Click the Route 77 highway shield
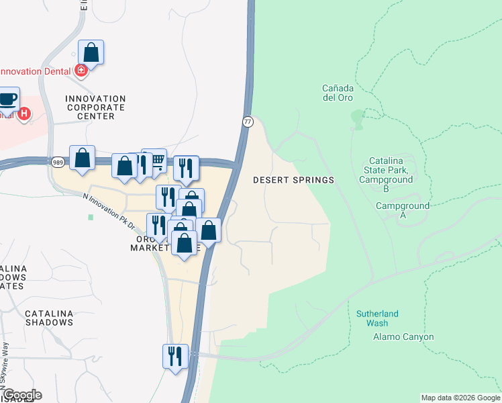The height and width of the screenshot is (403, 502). pyautogui.click(x=248, y=122)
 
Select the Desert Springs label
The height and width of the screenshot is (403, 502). pyautogui.click(x=293, y=180)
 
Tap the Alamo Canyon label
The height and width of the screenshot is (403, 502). pyautogui.click(x=403, y=337)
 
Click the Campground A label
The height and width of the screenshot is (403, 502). pyautogui.click(x=402, y=210)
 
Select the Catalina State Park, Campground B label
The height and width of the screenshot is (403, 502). pyautogui.click(x=386, y=175)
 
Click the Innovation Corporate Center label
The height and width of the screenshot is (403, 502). pyautogui.click(x=95, y=107)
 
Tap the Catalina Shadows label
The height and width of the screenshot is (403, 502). pyautogui.click(x=49, y=318)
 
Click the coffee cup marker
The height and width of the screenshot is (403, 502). pyautogui.click(x=8, y=99)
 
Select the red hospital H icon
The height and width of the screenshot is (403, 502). pyautogui.click(x=24, y=114)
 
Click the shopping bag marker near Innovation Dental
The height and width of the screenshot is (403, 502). pyautogui.click(x=91, y=52)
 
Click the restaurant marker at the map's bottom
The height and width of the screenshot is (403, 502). pyautogui.click(x=175, y=355)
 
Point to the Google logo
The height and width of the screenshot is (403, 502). pyautogui.click(x=21, y=395)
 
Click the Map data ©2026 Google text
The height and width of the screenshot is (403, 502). pyautogui.click(x=460, y=398)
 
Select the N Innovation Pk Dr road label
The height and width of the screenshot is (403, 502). pyautogui.click(x=109, y=210)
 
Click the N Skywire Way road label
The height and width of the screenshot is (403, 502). pyautogui.click(x=5, y=363)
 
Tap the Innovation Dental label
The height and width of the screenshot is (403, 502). pyautogui.click(x=34, y=71)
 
